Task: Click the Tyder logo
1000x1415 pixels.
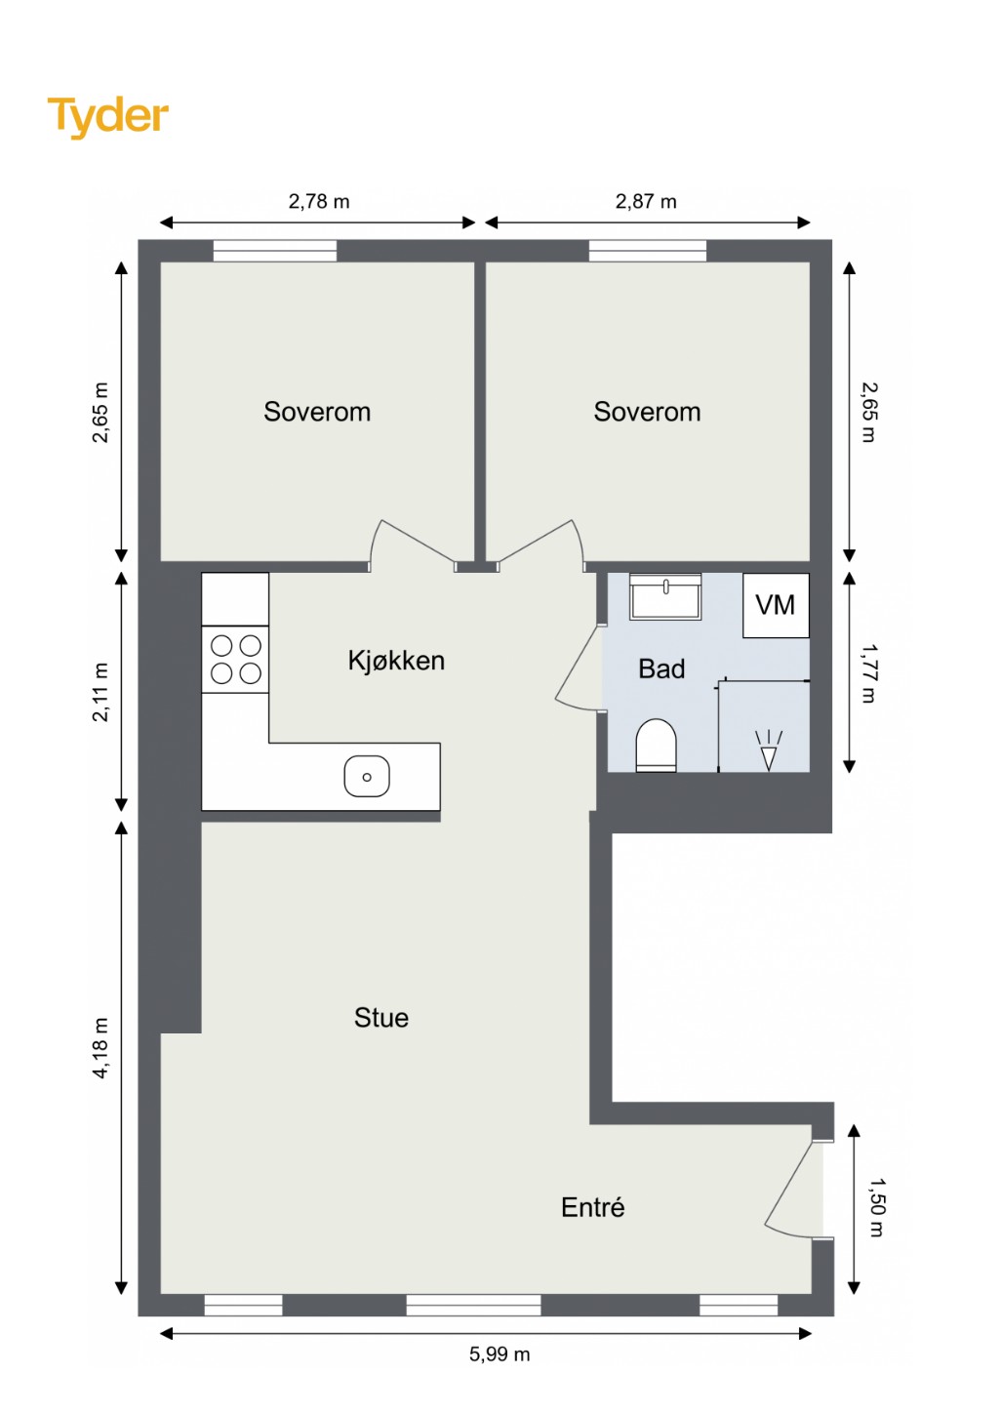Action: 108,117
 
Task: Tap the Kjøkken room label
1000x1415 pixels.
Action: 396,661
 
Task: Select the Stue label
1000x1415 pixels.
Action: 380,1018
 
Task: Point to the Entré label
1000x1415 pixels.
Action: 592,1207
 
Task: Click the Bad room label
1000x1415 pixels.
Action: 661,668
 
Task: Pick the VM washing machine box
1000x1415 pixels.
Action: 776,605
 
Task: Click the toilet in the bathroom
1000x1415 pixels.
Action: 656,746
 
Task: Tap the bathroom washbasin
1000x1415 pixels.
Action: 665,595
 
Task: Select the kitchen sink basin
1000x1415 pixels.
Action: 367,776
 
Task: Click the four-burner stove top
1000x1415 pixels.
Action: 236,660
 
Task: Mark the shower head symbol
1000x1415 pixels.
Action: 769,750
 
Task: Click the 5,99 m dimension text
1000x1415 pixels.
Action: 500,1354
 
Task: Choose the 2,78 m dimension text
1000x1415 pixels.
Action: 318,201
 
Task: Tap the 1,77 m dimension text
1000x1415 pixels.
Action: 869,672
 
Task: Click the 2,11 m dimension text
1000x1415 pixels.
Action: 101,692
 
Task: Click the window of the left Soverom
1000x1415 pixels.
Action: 275,251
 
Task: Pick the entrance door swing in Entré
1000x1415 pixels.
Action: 789,1188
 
